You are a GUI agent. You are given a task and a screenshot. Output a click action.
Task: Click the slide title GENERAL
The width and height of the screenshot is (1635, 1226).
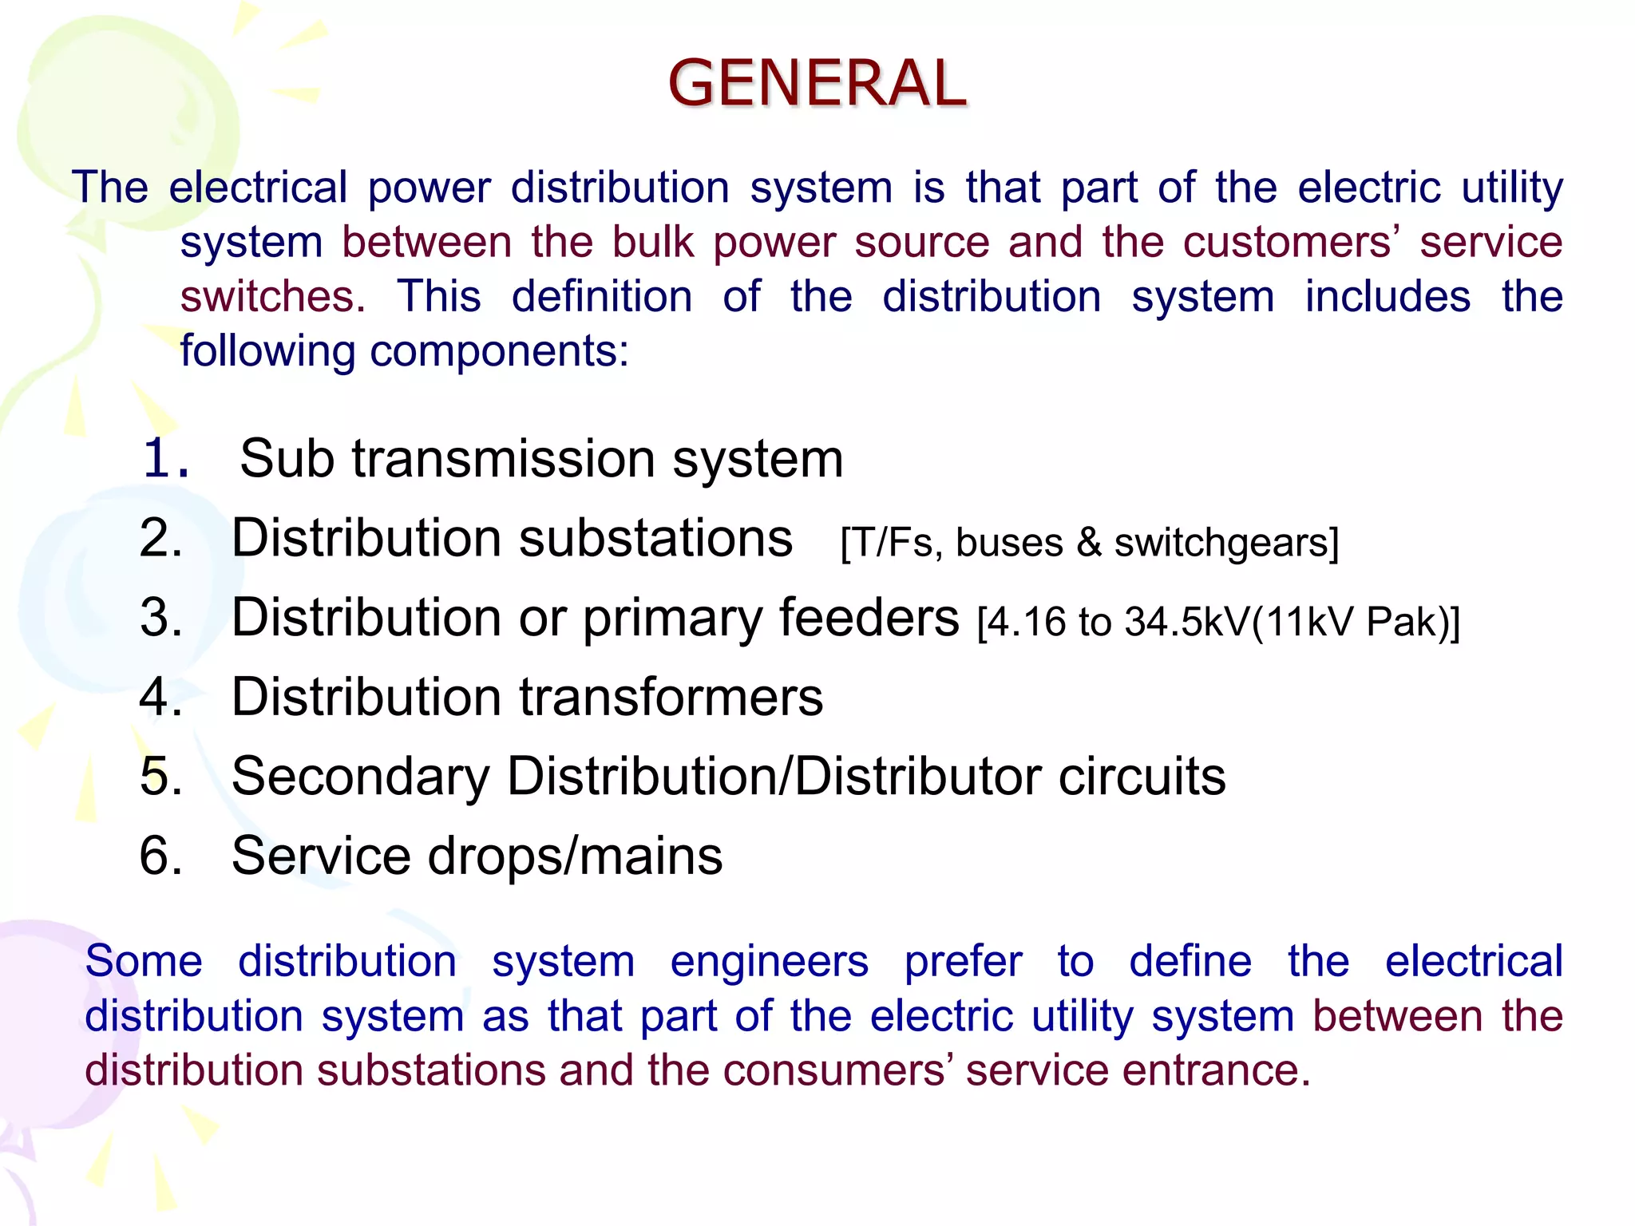(817, 83)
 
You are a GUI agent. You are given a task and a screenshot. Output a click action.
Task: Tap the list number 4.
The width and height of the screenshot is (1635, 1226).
(160, 697)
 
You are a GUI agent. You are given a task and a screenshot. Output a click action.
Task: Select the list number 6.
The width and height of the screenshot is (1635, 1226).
(160, 856)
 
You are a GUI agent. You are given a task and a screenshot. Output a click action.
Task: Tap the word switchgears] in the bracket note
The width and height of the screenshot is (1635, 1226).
(1226, 543)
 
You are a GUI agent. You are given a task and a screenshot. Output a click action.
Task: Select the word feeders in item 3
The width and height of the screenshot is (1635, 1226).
(869, 618)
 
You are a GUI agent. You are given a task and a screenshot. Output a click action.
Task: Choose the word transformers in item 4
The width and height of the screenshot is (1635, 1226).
(671, 697)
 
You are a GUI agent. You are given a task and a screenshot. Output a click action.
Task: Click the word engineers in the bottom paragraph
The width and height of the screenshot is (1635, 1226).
(769, 961)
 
